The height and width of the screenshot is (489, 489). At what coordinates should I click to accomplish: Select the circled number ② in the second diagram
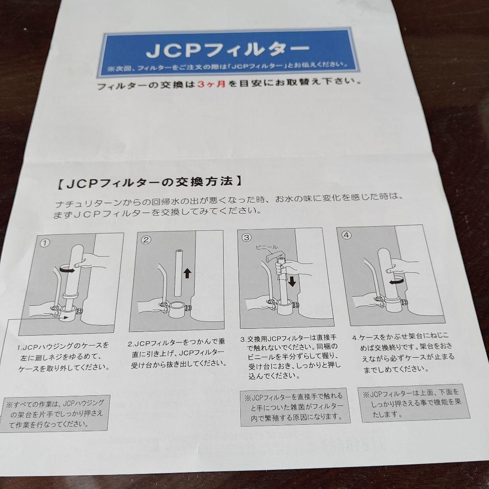click(146, 240)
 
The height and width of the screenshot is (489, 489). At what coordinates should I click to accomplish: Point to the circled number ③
click(246, 237)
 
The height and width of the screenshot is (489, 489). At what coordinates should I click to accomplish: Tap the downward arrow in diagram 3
click(292, 282)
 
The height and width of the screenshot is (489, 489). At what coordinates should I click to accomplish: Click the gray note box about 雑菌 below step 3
click(295, 406)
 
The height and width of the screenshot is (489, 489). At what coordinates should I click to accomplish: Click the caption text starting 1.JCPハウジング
click(63, 356)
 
